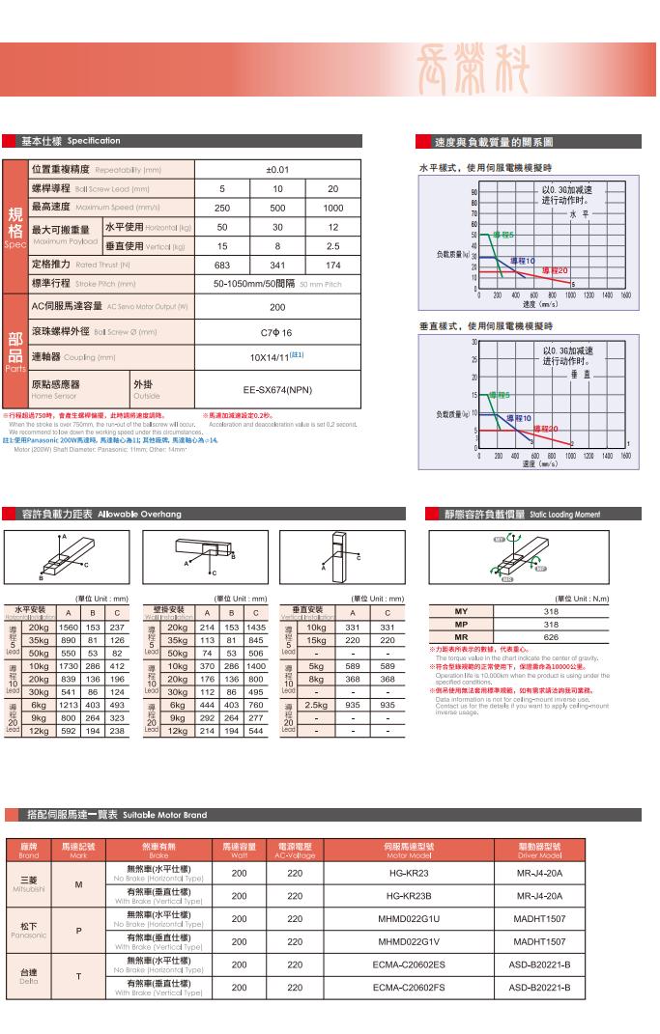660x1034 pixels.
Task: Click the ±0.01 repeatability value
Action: pos(277,169)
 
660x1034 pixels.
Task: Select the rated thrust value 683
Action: pos(222,265)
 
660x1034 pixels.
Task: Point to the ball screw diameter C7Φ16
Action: pos(277,331)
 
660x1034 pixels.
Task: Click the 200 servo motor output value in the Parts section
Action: pos(277,307)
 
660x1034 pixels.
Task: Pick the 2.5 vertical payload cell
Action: pos(333,246)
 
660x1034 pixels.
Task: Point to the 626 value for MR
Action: pos(551,637)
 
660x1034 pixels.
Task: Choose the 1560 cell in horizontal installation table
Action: pos(69,628)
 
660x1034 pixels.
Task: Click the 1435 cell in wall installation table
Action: pos(255,628)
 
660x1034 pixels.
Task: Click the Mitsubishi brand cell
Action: pos(28,883)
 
